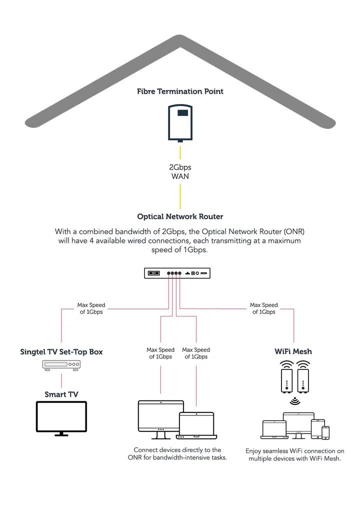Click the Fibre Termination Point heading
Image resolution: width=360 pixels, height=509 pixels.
point(180,91)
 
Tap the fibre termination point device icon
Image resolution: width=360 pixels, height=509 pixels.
point(180,122)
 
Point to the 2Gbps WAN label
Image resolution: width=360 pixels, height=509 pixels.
point(180,171)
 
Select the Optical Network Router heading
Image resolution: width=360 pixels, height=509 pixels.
point(180,216)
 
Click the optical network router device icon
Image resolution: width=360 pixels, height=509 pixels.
point(180,273)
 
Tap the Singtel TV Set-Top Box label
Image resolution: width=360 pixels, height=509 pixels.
point(61,351)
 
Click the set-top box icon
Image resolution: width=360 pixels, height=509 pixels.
point(61,366)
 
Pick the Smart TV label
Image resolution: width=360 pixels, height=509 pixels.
point(61,394)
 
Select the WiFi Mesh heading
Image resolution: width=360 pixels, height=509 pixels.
point(293,351)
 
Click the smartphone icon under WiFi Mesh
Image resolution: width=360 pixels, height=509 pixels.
point(325,433)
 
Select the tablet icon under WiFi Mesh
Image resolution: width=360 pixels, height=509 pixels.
point(318,429)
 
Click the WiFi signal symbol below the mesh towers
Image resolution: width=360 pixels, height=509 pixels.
point(293,401)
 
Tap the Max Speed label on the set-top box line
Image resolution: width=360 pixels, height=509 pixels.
point(91,308)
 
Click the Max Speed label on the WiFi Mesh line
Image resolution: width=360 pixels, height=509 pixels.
point(263,308)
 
